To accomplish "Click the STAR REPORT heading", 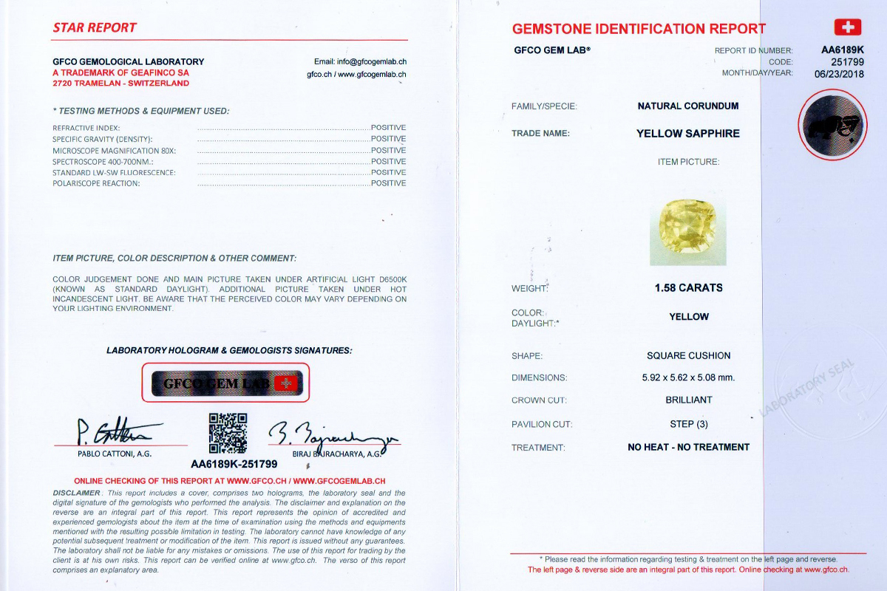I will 95,28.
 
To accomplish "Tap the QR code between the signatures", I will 228,433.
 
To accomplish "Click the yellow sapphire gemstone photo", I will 687,231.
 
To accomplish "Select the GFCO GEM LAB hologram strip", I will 225,383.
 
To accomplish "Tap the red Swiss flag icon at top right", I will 847,27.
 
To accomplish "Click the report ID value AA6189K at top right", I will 843,50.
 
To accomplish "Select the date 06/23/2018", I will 839,73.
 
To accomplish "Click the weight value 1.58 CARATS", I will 688,288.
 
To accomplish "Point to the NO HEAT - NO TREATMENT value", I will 688,447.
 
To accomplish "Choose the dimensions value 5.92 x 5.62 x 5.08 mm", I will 688,378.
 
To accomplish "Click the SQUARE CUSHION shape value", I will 688,355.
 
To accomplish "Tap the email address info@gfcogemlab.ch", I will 360,62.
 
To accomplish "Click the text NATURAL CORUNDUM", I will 688,106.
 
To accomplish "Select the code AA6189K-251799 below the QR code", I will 234,465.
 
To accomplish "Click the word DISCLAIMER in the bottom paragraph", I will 76,493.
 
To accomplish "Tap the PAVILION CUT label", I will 542,424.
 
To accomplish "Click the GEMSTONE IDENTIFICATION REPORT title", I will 639,29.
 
